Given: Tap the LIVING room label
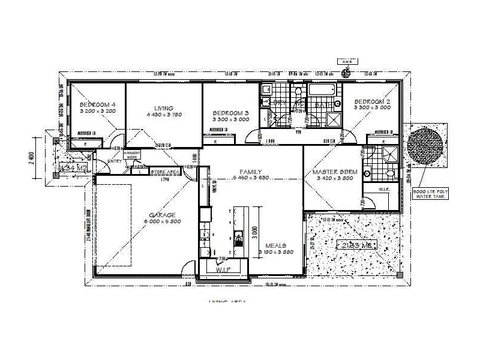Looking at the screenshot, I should pos(163,108).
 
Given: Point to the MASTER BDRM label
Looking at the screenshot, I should pos(335,172).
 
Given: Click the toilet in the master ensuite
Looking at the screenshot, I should pos(389,174).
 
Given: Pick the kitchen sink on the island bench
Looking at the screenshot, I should pos(239,241).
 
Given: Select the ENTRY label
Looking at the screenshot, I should pos(114,161).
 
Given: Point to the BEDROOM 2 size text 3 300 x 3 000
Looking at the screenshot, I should pos(371,108).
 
